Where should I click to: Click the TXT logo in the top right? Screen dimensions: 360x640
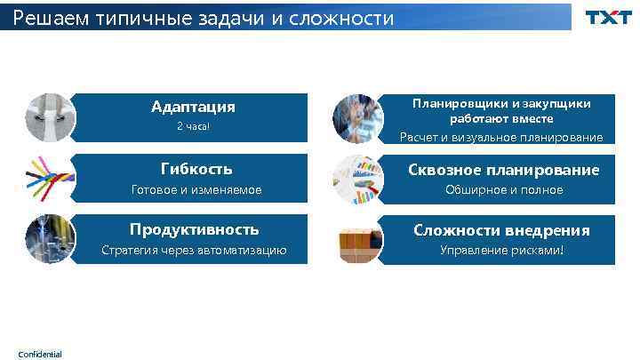click(x=608, y=17)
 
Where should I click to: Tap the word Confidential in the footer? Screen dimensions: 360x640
click(x=40, y=354)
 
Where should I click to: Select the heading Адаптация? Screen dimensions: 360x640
click(x=193, y=107)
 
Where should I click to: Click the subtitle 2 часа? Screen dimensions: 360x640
click(x=193, y=127)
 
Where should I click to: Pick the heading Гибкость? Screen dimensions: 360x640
click(x=196, y=168)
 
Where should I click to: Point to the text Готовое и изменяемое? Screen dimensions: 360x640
click(x=196, y=189)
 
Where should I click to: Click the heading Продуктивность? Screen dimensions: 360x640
click(x=194, y=229)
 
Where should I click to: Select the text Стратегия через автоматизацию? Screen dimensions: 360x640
click(x=194, y=250)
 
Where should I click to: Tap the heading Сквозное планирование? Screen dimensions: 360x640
click(x=503, y=169)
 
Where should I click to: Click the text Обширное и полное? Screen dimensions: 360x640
click(x=503, y=189)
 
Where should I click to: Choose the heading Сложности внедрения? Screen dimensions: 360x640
click(x=501, y=230)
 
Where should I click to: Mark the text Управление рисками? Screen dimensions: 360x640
click(x=502, y=250)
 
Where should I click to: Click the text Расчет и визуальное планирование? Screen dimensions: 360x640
click(x=501, y=137)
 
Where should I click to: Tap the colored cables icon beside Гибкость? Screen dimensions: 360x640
click(x=51, y=179)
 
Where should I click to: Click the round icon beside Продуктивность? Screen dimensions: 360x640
click(x=51, y=239)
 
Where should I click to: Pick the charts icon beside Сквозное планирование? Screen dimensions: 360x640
click(x=357, y=179)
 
